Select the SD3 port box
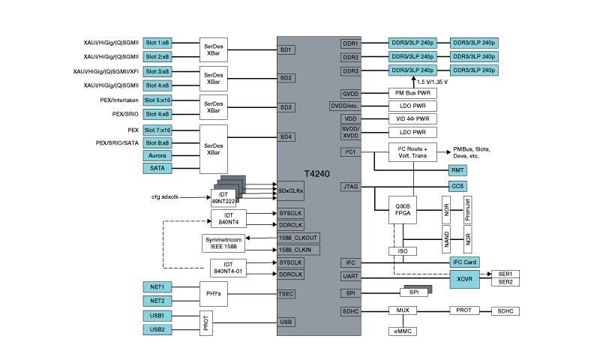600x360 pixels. coord(286,107)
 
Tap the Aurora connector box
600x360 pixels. coord(157,154)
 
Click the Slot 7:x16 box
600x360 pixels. coord(157,130)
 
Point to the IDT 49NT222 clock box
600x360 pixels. coord(223,198)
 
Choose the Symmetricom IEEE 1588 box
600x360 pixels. coord(223,243)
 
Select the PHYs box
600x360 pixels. coord(213,293)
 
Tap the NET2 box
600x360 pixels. coord(157,301)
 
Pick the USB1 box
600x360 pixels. coord(157,316)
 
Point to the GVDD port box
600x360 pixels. coord(351,93)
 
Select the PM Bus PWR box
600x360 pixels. coord(412,93)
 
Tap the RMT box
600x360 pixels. coord(457,170)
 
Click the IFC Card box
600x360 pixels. coord(464,262)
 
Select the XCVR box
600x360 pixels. coord(464,277)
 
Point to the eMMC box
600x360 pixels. coord(402,331)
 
